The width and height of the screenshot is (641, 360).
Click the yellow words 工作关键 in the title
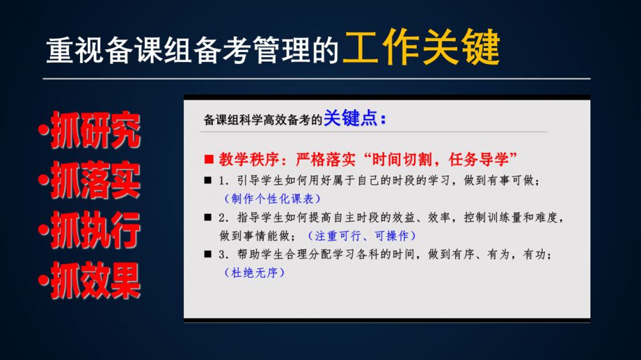click(422, 47)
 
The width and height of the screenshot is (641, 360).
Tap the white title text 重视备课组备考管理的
click(192, 50)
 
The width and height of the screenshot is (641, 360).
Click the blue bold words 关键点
click(351, 119)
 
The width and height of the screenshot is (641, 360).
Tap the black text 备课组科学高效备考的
click(263, 120)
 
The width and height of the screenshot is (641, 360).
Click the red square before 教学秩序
click(209, 159)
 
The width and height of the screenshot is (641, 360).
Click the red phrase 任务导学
click(478, 159)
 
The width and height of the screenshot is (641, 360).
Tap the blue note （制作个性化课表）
click(272, 199)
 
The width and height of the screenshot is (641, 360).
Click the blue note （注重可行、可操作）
click(362, 235)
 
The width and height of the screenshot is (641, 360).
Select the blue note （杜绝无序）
click(254, 272)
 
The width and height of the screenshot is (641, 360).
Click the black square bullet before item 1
click(208, 180)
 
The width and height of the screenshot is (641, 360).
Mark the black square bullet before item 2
click(208, 217)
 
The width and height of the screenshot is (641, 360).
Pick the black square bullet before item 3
click(208, 254)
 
